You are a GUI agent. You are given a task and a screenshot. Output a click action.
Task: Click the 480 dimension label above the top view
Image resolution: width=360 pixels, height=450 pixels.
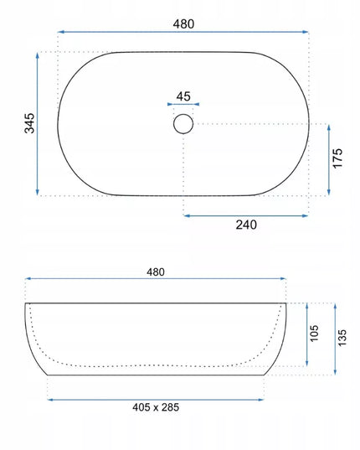point(183,23)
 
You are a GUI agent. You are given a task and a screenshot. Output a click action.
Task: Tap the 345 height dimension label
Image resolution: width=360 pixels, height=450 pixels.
point(29,123)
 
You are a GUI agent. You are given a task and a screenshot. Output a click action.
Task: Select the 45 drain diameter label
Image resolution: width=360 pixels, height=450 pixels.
point(183,96)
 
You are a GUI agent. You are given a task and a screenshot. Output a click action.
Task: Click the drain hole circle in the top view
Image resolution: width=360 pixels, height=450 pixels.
point(183,114)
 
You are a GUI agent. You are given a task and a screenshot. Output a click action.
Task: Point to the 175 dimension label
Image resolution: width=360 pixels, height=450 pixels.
point(337,158)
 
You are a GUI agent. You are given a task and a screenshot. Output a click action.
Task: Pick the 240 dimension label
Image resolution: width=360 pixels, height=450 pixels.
point(246,225)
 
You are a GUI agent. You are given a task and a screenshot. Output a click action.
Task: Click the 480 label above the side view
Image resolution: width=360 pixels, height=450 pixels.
point(156,272)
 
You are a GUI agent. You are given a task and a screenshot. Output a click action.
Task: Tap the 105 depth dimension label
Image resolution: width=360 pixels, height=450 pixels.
point(314,334)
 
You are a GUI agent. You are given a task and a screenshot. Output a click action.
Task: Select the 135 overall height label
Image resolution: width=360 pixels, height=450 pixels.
point(342,338)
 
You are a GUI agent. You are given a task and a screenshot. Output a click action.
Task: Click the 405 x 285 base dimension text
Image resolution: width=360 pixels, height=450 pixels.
point(156,407)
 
